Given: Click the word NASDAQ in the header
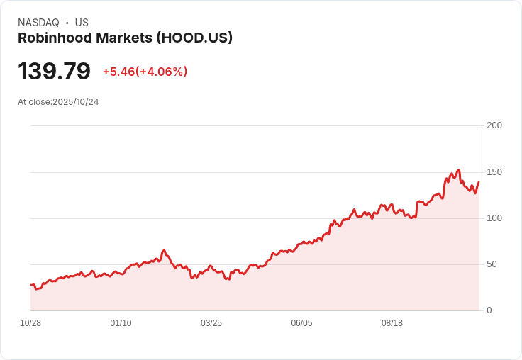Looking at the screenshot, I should (x=38, y=23).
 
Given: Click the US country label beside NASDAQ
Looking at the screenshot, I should (x=82, y=23).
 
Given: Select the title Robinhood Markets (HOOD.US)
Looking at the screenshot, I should (x=125, y=38).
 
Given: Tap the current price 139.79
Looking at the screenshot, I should (x=54, y=72).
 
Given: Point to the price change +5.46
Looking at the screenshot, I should (x=118, y=72).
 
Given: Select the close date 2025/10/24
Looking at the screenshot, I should (x=76, y=102).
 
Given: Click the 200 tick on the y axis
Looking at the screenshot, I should (x=494, y=125).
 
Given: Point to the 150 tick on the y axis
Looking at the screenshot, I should (x=494, y=172).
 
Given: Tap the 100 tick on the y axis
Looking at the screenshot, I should (x=494, y=218).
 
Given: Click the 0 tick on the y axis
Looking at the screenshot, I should (x=489, y=310).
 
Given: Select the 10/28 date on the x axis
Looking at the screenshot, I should (x=30, y=323).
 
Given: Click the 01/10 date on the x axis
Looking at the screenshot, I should (x=121, y=323).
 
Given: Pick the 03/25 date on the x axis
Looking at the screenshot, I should (x=211, y=323).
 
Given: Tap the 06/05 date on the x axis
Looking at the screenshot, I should (x=301, y=323).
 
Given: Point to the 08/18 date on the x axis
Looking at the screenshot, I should (x=392, y=323).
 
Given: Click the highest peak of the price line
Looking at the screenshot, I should (x=459, y=170).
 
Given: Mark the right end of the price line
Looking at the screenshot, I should (x=479, y=182).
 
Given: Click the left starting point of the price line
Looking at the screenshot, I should (x=30, y=286).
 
